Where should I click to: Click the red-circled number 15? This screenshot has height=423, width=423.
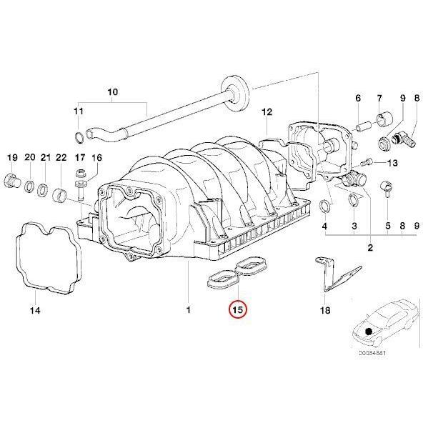click(x=237, y=310)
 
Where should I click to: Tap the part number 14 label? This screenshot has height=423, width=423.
click(x=35, y=311)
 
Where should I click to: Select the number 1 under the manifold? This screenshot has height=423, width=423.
click(x=188, y=311)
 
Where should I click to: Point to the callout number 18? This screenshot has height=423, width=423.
click(x=326, y=311)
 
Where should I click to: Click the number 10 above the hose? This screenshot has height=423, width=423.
click(x=111, y=91)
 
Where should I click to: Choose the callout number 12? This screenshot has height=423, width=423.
click(x=267, y=112)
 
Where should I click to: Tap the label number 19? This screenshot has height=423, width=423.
click(x=12, y=157)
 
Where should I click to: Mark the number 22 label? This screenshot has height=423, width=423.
click(x=61, y=157)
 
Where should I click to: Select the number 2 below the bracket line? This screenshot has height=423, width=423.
click(x=370, y=248)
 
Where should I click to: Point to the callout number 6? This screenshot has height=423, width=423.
click(x=358, y=97)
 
